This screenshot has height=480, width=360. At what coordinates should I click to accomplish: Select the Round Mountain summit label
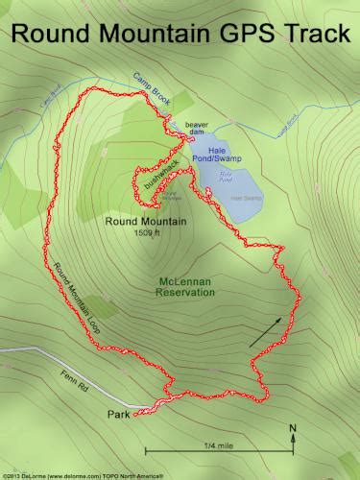point(146,221)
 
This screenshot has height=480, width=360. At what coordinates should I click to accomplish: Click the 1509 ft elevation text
point(146,232)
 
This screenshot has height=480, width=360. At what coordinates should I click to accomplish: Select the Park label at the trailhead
point(118,415)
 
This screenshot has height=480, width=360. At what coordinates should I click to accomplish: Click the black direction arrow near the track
point(267,330)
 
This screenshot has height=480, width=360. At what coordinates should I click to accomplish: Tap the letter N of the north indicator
point(293,428)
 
